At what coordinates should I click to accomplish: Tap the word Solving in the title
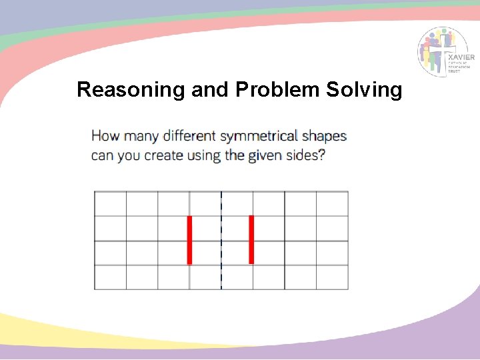[x=365, y=89]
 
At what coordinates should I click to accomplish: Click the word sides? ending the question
[x=307, y=157]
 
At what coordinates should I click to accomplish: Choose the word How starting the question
[x=105, y=137]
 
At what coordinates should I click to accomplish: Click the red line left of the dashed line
[x=190, y=240]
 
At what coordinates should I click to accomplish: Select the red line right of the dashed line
[x=251, y=240]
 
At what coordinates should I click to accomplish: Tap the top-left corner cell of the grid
[x=111, y=204]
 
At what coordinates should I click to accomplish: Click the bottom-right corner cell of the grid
[x=332, y=277]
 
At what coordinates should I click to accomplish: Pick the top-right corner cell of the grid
[x=332, y=204]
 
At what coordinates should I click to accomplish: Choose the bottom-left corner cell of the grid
[x=111, y=277]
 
